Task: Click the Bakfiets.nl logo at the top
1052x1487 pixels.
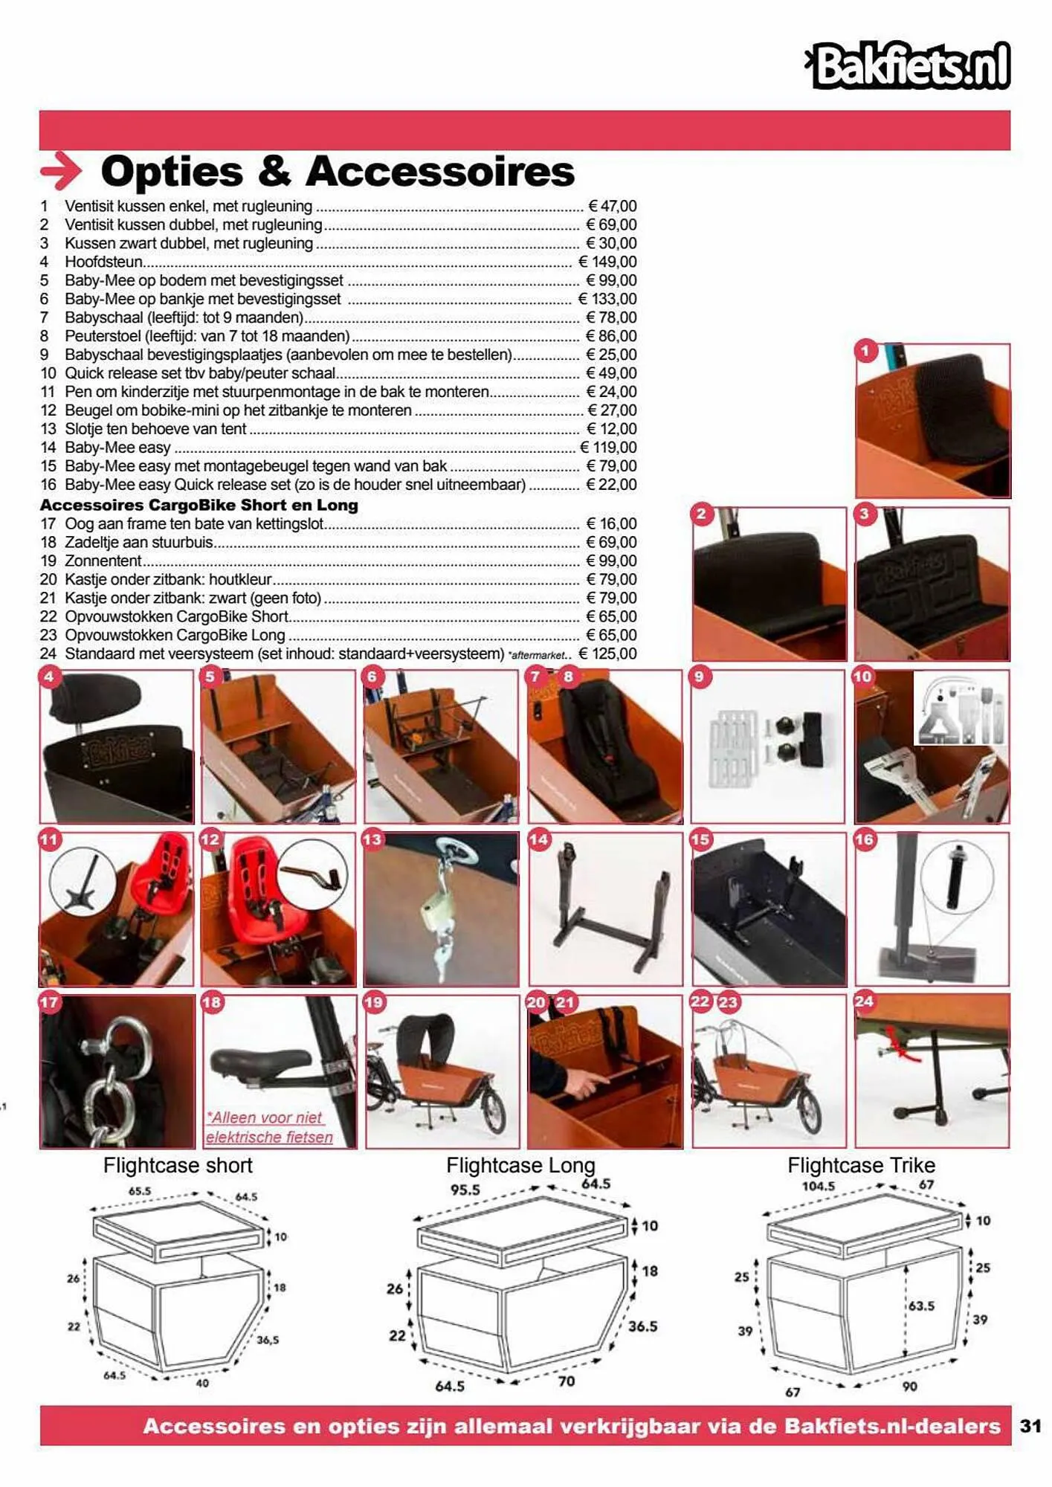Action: (x=909, y=65)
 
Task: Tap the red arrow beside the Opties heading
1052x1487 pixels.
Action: (x=61, y=171)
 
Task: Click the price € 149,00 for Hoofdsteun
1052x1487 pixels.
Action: (x=607, y=262)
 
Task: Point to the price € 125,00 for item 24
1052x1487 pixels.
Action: (x=607, y=654)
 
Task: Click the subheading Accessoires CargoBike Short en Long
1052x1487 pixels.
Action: (x=199, y=506)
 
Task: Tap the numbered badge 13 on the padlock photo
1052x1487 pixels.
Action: (x=372, y=840)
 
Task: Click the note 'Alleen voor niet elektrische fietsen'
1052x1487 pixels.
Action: (x=268, y=1127)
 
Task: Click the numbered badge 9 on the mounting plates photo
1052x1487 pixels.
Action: (x=700, y=677)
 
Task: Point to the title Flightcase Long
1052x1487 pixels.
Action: (x=520, y=1165)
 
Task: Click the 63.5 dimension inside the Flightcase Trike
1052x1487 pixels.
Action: (x=921, y=1306)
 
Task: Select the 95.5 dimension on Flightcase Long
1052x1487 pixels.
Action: (x=465, y=1190)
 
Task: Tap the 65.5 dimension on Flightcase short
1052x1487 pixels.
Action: (x=139, y=1190)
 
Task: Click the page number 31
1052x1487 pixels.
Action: (x=1030, y=1425)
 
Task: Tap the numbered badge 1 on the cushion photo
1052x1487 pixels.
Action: (x=865, y=351)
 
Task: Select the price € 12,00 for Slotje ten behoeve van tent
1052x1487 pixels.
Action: (x=611, y=429)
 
